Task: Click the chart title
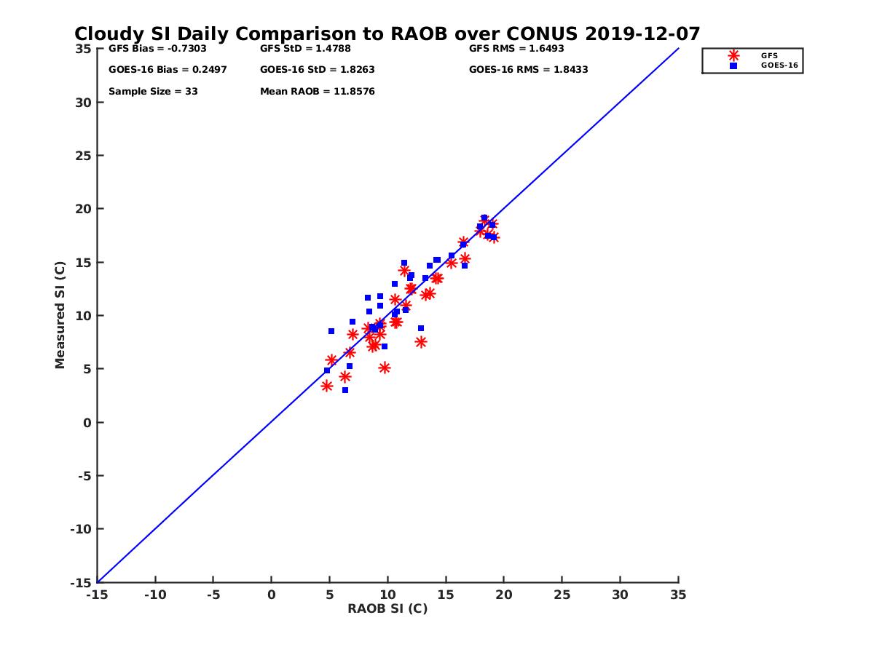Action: coord(387,33)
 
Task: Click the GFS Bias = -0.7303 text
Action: coord(152,49)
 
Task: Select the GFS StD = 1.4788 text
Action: coord(307,49)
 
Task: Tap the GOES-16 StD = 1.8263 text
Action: coord(318,70)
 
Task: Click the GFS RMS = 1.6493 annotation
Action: coord(516,49)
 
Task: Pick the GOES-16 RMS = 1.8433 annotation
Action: coord(528,70)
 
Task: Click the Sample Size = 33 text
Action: coord(153,92)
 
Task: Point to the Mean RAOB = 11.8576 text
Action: coord(318,92)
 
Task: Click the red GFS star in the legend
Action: coord(733,55)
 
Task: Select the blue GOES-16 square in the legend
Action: coord(733,65)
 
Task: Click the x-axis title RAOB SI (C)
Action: coord(387,609)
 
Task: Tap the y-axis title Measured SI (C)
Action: coord(60,315)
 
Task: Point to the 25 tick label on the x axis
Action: coord(562,595)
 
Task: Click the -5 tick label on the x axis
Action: coord(213,595)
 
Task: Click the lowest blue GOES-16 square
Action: coord(345,390)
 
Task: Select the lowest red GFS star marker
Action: coord(327,386)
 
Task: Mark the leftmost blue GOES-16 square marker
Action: coord(327,370)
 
